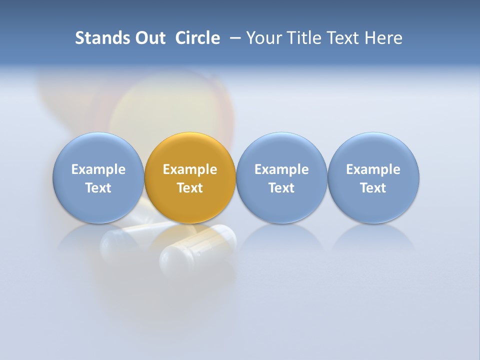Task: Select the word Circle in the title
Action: tap(197, 38)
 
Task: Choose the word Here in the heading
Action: tap(384, 38)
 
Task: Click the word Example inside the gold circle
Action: tap(190, 169)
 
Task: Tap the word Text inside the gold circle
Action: tap(190, 188)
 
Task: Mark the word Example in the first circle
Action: tap(98, 169)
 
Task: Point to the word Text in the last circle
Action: tap(373, 188)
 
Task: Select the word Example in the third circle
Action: tap(281, 169)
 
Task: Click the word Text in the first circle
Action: tap(98, 188)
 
